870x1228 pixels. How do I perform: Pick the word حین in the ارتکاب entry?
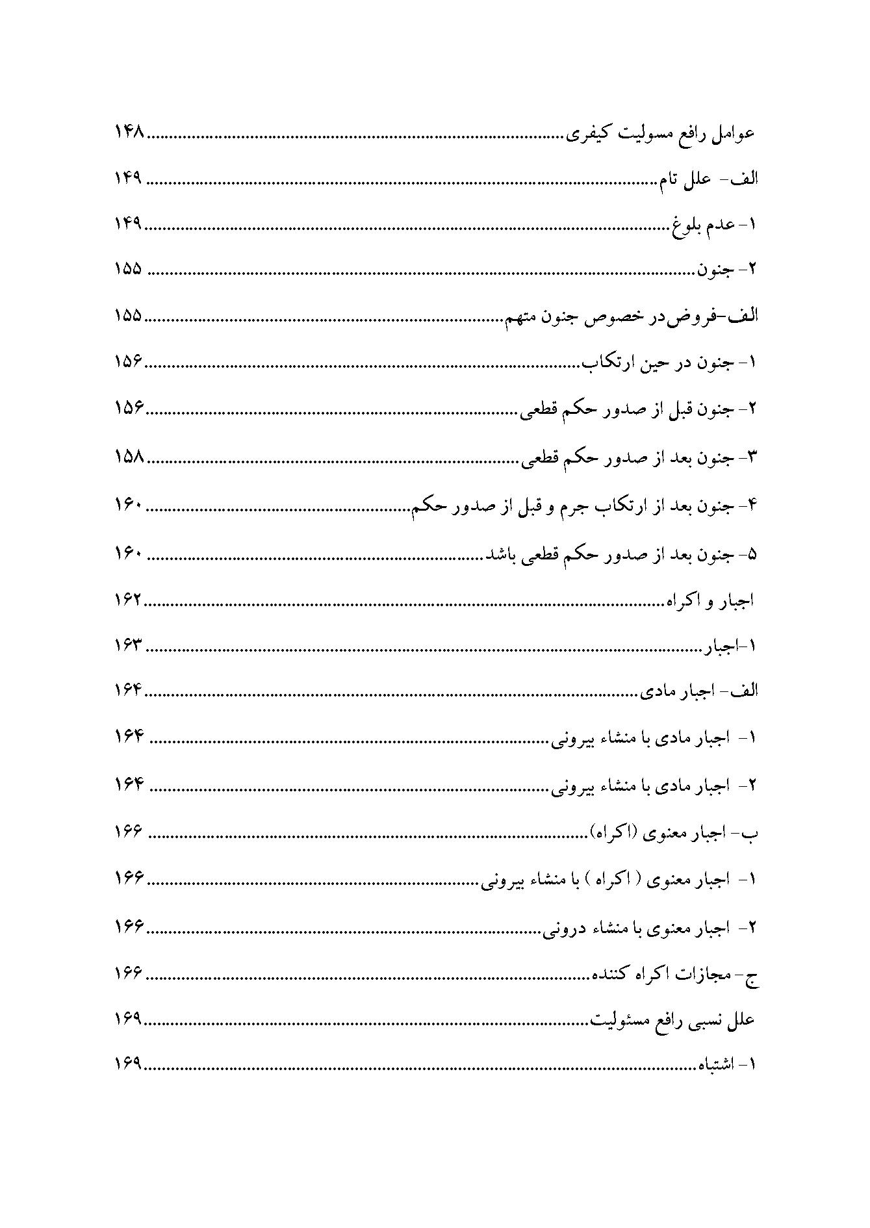[x=650, y=363]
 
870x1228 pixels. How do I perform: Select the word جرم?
[x=578, y=505]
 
